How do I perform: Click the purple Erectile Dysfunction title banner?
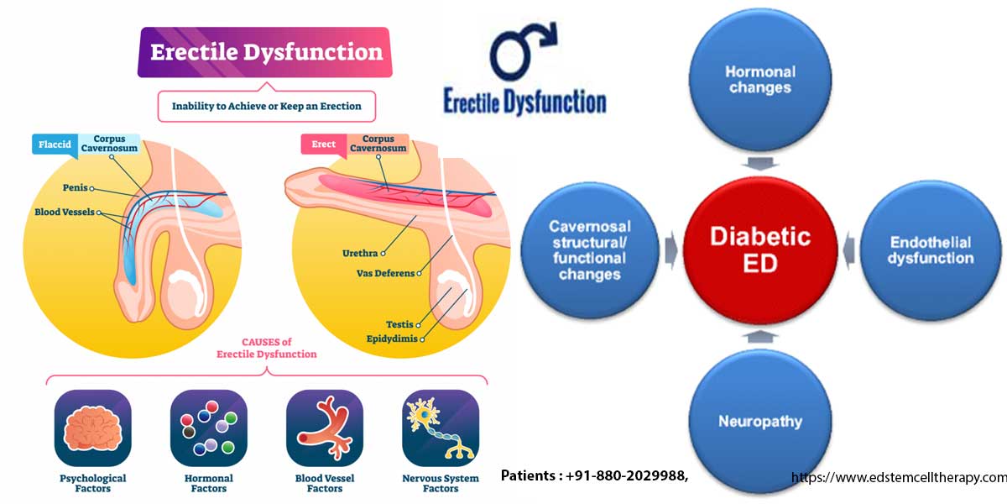point(264,52)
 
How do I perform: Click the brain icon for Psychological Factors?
point(92,428)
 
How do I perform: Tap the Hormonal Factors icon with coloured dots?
point(208,428)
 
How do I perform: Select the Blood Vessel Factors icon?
point(324,428)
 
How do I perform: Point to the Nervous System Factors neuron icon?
point(440,428)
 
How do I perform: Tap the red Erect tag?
point(324,144)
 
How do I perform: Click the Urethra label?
point(360,251)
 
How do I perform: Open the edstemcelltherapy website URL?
point(899,477)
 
